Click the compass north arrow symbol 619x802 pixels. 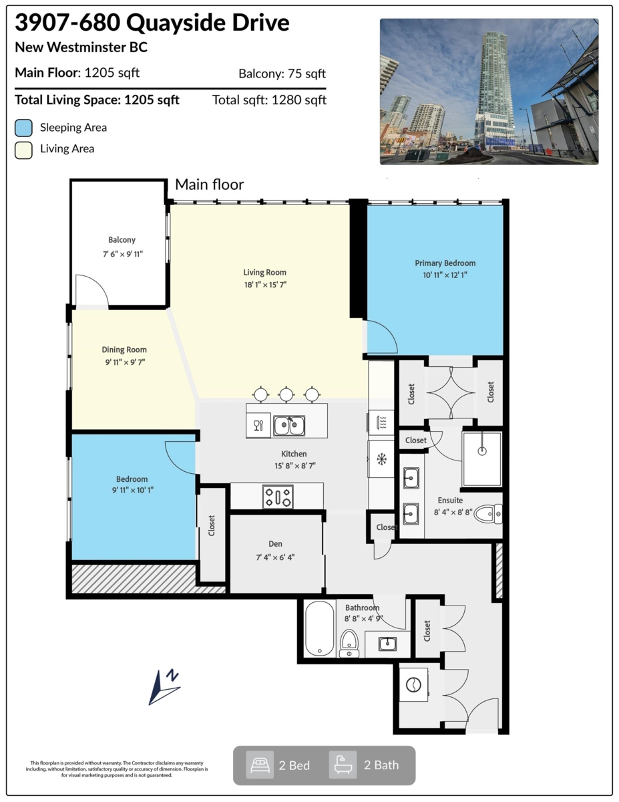coord(164,687)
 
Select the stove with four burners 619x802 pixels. coord(277,497)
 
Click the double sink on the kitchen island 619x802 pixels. coord(288,425)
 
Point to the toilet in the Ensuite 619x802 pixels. coord(487,513)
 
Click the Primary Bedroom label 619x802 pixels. coord(445,263)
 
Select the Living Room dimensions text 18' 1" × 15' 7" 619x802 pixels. coord(265,284)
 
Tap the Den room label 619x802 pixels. coord(276,543)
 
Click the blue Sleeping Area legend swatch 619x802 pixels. coord(24,128)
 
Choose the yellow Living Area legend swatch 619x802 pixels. coord(24,149)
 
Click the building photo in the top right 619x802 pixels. coord(489,92)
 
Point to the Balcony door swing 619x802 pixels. coord(89,290)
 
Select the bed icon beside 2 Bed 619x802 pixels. coord(260,765)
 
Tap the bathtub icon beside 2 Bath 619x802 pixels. coord(343,765)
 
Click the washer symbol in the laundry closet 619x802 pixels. coord(414,686)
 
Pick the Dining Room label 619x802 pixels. coord(124,350)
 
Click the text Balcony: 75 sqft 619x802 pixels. coord(282,74)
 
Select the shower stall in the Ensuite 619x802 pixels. coord(481,458)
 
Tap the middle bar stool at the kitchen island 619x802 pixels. coord(286,395)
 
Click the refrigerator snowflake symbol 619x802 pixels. coord(382,459)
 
